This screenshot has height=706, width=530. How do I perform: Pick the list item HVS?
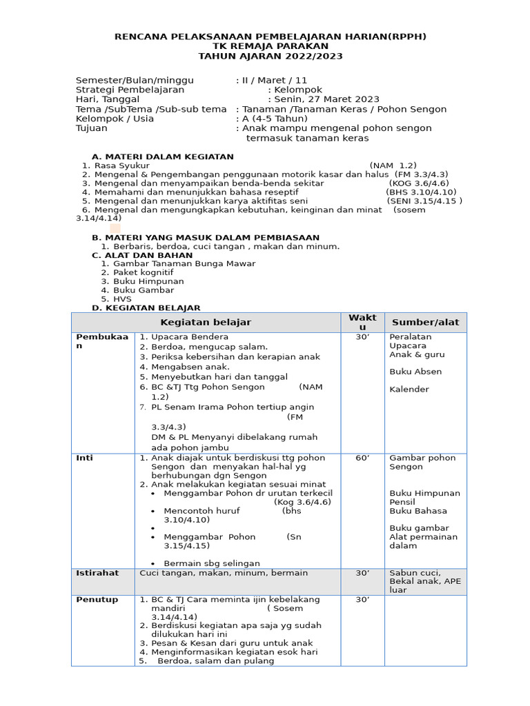pos(122,299)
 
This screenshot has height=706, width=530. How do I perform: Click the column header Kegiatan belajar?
pos(206,322)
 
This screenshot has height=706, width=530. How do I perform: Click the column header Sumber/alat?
pos(425,322)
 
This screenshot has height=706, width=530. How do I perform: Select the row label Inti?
pos(84,458)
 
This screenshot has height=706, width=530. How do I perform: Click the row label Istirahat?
pos(97,573)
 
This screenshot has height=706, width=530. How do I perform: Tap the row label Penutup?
pos(97,600)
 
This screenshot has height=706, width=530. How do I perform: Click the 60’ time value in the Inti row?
pos(362,458)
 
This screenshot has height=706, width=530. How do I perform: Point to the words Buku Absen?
pos(415,372)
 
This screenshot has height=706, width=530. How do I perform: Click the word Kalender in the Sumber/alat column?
pos(409,390)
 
